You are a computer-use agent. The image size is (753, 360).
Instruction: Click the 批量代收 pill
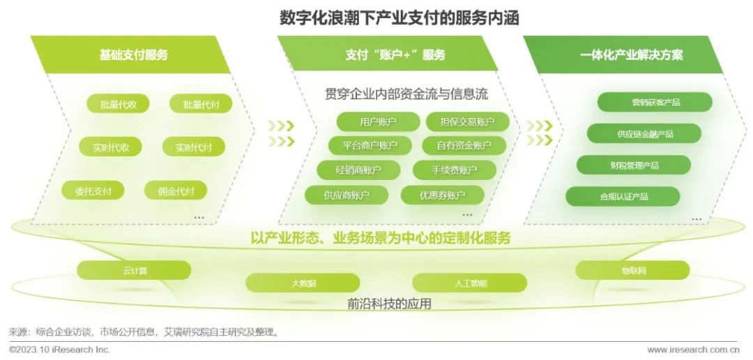[x=118, y=104]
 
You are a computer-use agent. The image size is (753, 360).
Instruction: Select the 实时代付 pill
[x=194, y=147]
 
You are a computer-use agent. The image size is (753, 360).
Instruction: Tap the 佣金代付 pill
[x=176, y=191]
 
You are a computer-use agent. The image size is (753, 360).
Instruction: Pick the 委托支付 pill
[x=93, y=191]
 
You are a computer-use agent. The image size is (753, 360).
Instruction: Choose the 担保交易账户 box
[x=467, y=121]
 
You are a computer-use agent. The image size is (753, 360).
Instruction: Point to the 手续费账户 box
[x=455, y=170]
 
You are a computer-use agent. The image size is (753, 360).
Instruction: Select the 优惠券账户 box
[x=442, y=195]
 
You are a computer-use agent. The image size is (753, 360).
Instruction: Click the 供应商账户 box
[x=347, y=195]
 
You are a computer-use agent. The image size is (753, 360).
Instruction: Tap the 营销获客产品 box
[x=655, y=102]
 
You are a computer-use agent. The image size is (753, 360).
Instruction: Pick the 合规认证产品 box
[x=623, y=196]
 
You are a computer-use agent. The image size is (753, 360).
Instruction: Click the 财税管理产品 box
[x=633, y=165]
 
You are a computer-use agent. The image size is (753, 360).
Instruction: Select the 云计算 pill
[x=134, y=270]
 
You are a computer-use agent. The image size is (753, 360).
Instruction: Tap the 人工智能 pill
[x=470, y=283]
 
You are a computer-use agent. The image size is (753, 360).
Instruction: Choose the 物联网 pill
[x=633, y=270]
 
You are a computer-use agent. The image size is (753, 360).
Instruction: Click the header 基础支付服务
[x=133, y=55]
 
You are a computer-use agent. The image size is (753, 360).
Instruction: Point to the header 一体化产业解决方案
[x=631, y=55]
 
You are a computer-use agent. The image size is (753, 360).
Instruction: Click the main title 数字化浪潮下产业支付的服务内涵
[x=400, y=18]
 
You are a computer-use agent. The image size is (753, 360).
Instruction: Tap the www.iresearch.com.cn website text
[x=693, y=350]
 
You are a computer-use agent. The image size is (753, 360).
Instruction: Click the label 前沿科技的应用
[x=389, y=303]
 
